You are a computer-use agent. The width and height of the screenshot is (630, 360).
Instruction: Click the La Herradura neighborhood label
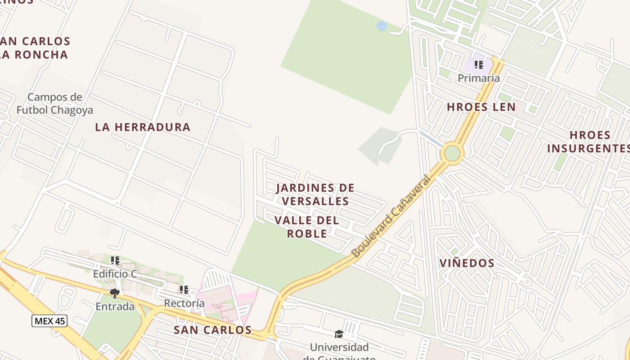point(143,127)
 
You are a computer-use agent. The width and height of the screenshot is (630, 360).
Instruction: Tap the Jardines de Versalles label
point(315,194)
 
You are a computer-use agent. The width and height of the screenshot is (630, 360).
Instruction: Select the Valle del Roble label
point(307,227)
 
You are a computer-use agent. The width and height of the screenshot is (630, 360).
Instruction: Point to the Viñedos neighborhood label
point(467,263)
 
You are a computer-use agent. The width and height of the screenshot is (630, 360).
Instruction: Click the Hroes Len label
point(481,107)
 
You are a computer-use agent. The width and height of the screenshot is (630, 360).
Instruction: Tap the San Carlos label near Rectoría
point(212,329)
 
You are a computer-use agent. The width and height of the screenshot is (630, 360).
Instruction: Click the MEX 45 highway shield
point(49,321)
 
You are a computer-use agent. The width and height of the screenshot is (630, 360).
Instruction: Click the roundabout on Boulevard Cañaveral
point(452,153)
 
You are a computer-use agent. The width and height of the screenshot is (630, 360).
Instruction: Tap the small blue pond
point(382,26)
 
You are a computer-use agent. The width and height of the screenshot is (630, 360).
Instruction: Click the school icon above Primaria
point(479,65)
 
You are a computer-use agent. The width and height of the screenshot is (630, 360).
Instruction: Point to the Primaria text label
point(479,78)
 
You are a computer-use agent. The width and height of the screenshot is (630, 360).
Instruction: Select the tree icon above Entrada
point(115,293)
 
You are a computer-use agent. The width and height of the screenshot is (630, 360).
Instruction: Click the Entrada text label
point(115,306)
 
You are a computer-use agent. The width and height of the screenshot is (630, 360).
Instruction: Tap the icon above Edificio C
point(115,261)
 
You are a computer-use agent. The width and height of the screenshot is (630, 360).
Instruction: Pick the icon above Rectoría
point(184,290)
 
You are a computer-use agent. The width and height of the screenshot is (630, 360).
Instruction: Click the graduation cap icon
point(339,334)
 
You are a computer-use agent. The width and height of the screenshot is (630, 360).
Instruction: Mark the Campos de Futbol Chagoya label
point(55,103)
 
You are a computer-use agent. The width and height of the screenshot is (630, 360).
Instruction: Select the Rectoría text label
point(184,303)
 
